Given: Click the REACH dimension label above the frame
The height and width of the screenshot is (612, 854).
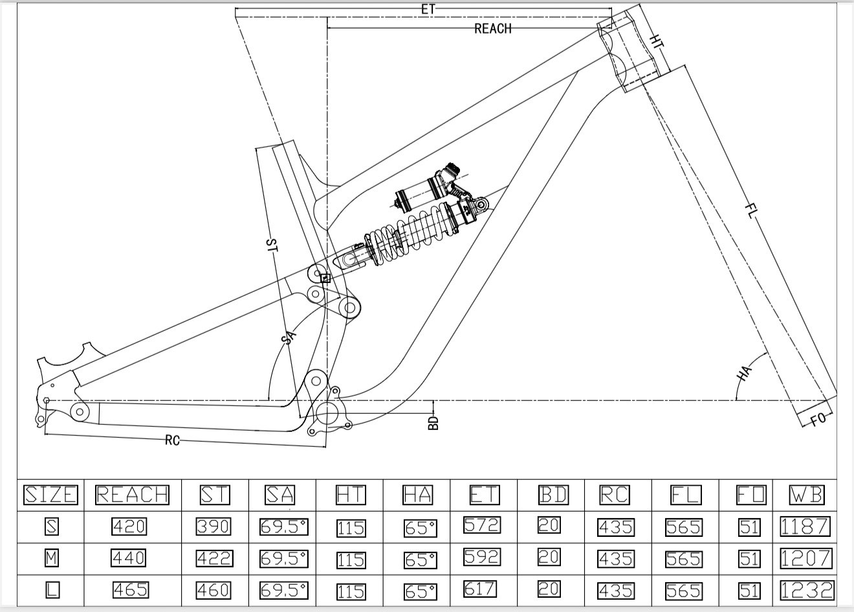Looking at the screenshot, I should click(493, 28).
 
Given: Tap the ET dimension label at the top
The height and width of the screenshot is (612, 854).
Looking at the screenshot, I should click(428, 10).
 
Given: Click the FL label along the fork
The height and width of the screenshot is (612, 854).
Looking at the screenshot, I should click(750, 210).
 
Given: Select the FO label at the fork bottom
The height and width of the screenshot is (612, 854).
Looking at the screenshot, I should click(818, 418).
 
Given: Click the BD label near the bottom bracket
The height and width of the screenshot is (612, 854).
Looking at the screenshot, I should click(433, 422).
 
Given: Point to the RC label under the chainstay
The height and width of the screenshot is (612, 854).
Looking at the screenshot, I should click(171, 440).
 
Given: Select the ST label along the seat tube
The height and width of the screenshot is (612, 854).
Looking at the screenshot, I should click(272, 245).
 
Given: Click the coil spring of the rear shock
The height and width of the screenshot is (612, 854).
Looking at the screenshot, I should click(401, 236).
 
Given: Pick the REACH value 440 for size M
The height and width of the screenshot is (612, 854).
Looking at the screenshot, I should click(129, 557).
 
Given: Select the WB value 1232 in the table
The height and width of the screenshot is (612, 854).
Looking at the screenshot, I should click(807, 589).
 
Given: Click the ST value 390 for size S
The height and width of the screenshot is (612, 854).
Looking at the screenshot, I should click(213, 527).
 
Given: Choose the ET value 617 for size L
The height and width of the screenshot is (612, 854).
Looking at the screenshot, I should click(481, 589).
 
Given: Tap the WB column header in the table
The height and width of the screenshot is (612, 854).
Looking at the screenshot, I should click(806, 495).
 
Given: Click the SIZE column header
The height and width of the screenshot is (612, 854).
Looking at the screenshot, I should click(50, 495).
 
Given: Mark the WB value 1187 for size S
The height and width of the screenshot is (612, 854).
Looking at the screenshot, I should click(805, 526).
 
